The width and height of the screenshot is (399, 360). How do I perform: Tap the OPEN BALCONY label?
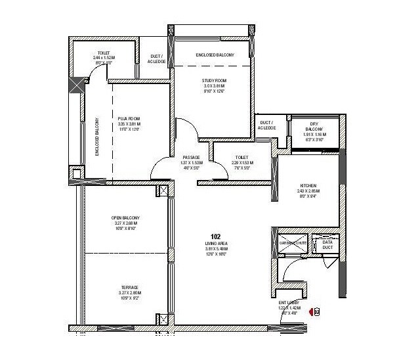tap(125, 218)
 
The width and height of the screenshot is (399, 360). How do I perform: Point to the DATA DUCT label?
tap(327, 244)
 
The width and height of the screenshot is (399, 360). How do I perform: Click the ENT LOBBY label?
tap(288, 302)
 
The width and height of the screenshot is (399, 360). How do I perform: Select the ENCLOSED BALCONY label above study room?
tap(212, 55)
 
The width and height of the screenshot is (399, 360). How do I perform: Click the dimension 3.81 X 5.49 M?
tap(215, 249)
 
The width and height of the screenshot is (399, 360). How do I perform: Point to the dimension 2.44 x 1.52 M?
tap(104, 58)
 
